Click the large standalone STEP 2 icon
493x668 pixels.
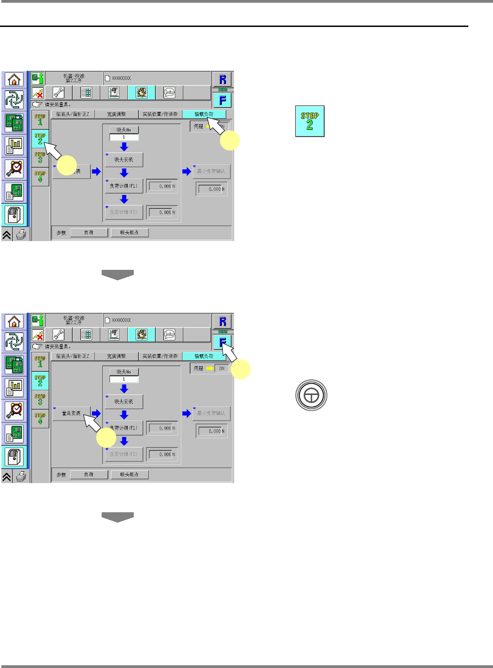coord(309,121)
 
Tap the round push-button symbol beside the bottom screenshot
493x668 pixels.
coord(311,395)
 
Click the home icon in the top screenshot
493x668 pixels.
coord(14,80)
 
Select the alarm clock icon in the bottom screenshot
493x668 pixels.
coord(15,410)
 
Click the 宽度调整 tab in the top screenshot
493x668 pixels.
coord(116,114)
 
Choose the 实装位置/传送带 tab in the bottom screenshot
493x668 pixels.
coord(160,356)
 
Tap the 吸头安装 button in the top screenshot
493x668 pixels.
coord(124,160)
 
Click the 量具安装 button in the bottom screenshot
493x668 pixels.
coord(72,413)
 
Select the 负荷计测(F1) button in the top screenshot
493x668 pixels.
coord(124,186)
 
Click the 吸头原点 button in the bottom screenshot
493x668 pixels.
coord(129,475)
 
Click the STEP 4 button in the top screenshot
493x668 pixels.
coord(40,176)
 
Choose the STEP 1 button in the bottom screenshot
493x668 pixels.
coord(40,362)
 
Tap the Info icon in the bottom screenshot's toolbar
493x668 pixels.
coord(169,334)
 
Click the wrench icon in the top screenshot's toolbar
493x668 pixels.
coord(59,93)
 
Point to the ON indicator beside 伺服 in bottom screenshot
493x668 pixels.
coord(222,368)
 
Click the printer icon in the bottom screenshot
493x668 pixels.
coord(21,477)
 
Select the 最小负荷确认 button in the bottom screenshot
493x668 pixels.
coord(211,413)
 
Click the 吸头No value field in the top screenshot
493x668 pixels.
coord(124,137)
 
